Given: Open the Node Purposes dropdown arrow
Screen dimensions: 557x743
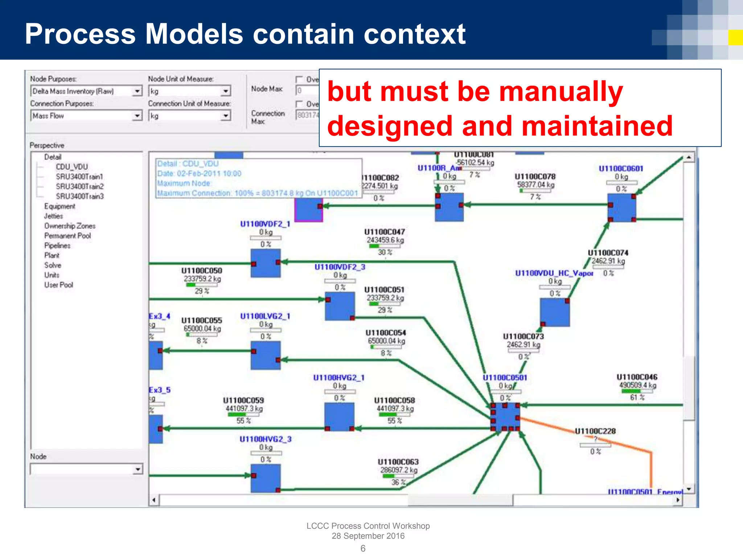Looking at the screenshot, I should (137, 91).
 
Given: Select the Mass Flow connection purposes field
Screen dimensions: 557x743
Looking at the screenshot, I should (82, 116).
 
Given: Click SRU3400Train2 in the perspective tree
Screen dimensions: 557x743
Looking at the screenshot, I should (79, 186).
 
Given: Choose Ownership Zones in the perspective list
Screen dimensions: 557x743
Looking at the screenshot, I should (70, 226).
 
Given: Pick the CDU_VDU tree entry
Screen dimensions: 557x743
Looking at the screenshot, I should (71, 167).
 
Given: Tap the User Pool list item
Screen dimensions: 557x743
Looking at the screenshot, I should (58, 285).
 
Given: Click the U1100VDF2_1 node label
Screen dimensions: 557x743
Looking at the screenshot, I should (265, 224).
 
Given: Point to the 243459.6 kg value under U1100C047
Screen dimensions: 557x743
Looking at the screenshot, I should (385, 240).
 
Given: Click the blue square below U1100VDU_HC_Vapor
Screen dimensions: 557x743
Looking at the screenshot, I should (554, 312).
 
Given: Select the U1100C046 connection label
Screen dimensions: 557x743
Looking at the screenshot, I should (637, 377).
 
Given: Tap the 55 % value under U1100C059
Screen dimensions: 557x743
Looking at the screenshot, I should (243, 421).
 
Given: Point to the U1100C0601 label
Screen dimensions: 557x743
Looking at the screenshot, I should (620, 169).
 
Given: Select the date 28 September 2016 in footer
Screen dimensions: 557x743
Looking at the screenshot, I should (368, 536).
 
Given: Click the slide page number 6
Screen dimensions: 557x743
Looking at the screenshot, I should (363, 548).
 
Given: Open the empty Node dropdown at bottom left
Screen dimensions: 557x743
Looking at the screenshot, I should (137, 469).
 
